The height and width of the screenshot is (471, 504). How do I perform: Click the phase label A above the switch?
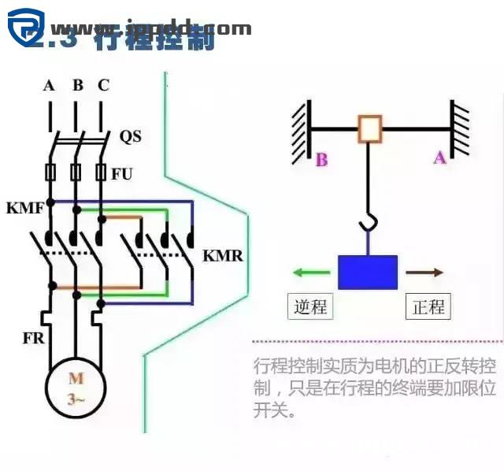coord(49,85)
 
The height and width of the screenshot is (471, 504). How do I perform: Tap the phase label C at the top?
coord(103,85)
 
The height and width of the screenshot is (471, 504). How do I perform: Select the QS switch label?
coord(131,136)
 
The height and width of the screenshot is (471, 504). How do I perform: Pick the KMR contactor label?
coord(223,256)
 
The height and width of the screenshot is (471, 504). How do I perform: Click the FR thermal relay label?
coord(33,339)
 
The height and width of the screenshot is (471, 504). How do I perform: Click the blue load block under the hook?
coord(368,273)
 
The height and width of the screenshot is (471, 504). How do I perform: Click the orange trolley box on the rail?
coord(369,128)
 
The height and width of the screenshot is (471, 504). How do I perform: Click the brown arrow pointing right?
coord(424,273)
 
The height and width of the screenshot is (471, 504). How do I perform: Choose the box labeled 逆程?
coord(310,306)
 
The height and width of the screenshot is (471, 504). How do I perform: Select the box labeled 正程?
coord(429,306)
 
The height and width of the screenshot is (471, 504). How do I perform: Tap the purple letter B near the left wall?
coord(321,161)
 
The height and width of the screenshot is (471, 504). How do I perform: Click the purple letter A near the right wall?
coord(439,158)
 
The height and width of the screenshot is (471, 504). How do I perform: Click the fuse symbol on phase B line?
coord(76,172)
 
